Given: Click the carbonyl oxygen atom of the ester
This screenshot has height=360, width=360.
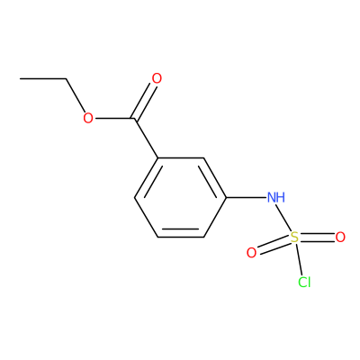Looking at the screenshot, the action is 157,78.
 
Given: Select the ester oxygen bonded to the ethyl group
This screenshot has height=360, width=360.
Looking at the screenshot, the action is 88,118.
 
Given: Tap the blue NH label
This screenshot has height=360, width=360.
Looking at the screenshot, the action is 276,197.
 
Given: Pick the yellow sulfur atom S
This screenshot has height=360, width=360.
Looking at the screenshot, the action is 295,238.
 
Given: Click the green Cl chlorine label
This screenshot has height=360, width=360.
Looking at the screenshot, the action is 304,282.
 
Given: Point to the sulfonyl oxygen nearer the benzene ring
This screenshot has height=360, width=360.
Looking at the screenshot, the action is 251,253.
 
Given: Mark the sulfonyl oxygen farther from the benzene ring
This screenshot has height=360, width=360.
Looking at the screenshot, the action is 340,238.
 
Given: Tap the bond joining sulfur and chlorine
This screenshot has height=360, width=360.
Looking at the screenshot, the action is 299,259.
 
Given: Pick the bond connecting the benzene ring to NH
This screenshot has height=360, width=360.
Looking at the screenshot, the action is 246,197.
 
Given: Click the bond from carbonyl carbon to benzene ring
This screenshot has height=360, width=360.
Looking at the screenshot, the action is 146,138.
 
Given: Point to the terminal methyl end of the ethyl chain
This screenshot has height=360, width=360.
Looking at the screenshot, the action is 21,79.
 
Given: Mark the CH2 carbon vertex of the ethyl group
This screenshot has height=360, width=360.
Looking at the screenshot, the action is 66,79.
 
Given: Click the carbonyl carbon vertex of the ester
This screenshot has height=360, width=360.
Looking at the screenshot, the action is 134,119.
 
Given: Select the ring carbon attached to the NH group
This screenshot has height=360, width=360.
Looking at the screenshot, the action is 226,197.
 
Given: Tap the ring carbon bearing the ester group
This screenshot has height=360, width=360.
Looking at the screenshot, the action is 157,157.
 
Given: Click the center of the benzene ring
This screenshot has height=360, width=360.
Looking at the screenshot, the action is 180,197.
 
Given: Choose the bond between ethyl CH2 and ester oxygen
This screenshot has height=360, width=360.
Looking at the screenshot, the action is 76,95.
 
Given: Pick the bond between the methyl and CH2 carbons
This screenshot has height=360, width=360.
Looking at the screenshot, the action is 43,79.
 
